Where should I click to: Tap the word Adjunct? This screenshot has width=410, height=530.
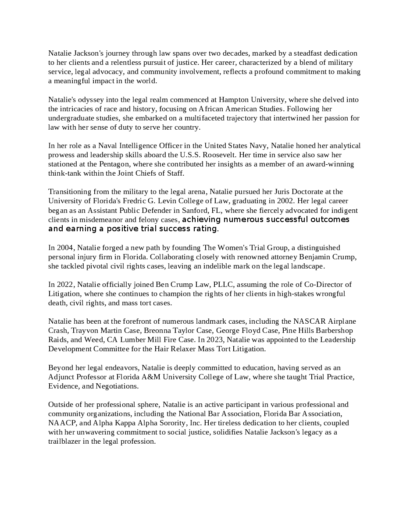tap(61, 377)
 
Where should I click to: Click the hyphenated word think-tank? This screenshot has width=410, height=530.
tap(64, 173)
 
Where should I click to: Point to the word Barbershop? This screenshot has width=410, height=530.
tap(332, 330)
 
